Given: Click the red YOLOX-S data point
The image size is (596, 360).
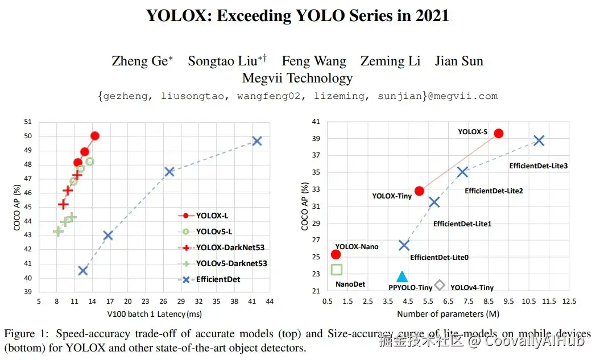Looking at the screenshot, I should point(498,133).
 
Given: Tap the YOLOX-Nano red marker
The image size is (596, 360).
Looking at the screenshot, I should point(336,254).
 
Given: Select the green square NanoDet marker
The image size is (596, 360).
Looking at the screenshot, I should point(336,270).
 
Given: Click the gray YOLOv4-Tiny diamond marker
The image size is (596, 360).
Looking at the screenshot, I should point(440,285).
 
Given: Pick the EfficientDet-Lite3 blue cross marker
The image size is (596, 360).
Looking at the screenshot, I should point(539,140).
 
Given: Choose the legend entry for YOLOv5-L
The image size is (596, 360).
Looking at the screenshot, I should point(214,231).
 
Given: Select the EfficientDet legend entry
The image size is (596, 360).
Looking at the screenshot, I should point(218,279).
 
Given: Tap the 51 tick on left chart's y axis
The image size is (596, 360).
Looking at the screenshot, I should point(28,122).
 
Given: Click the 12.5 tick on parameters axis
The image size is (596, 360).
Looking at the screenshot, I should point(569,301).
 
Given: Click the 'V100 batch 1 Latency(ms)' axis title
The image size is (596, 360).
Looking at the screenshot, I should point(154,313).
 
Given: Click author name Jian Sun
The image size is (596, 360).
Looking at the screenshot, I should point(459,61).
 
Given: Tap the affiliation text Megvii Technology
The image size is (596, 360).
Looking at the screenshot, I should point(297,78).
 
